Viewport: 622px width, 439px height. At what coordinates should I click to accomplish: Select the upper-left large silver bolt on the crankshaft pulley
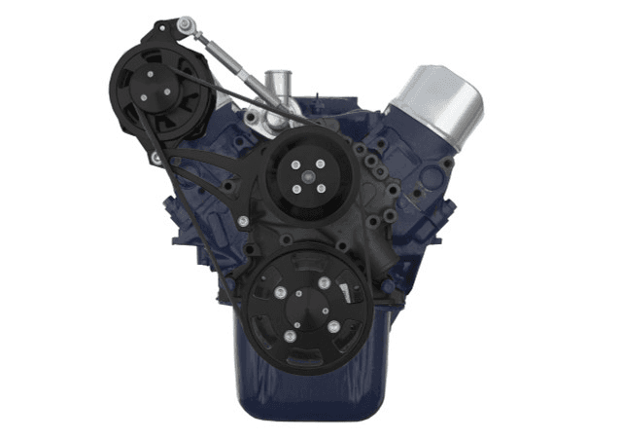[281, 293]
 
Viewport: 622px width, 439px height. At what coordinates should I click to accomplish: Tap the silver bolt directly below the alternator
[155, 157]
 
